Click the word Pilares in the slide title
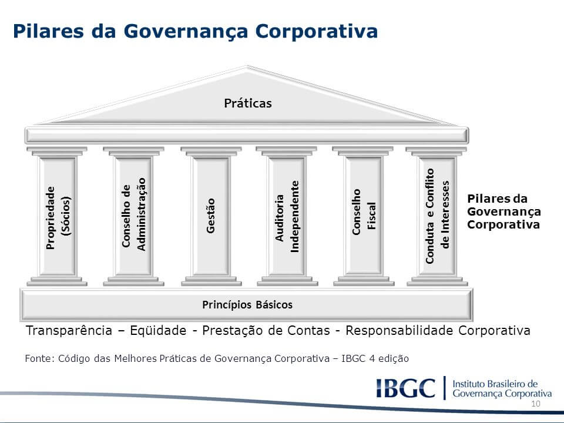pos(49,31)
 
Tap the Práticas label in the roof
pos(248,103)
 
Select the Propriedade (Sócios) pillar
pos(57,216)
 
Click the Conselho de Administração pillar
pos(133,216)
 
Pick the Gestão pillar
pos(211,216)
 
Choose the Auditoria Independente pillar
pos(287,216)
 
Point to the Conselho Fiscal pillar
pos(363,216)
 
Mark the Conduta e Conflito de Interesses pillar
pos(437,216)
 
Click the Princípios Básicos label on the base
pos(247,305)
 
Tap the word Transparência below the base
pos(69,330)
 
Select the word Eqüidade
pos(158,330)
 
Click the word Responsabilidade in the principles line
pos(399,330)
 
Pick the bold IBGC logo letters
pos(406,388)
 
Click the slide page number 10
pos(536,404)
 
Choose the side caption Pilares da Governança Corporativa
pos(503,211)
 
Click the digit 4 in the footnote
pos(371,358)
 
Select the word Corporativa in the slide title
pos(317,32)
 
